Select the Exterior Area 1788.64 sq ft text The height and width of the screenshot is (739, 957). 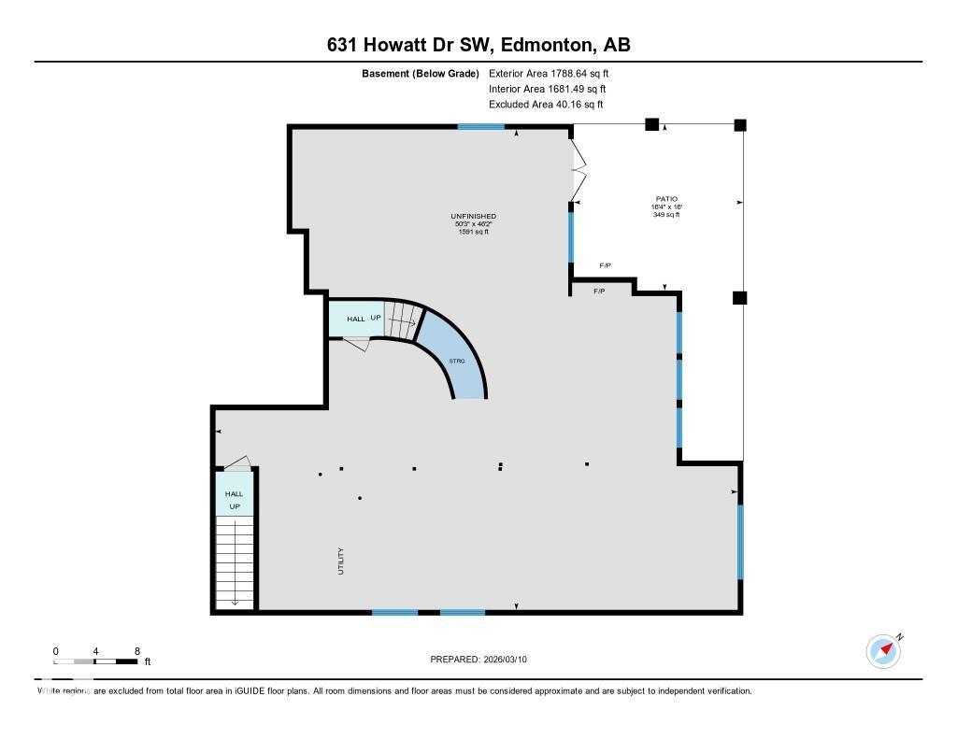pyautogui.click(x=549, y=73)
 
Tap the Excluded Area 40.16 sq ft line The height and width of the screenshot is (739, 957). pyautogui.click(x=546, y=105)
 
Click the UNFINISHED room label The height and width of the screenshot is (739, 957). pyautogui.click(x=473, y=217)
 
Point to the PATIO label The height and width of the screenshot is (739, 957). pyautogui.click(x=666, y=199)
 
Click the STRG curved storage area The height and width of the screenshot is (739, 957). pyautogui.click(x=457, y=360)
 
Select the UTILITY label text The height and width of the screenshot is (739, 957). pyautogui.click(x=341, y=561)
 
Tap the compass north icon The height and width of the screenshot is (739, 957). pyautogui.click(x=883, y=650)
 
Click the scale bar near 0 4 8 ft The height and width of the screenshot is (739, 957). pyautogui.click(x=96, y=661)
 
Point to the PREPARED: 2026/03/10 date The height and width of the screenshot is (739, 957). pyautogui.click(x=484, y=660)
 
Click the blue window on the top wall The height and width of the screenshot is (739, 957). pyautogui.click(x=480, y=126)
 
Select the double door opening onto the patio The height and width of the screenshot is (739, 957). pyautogui.click(x=578, y=174)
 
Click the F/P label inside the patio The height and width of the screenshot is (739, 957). pyautogui.click(x=605, y=266)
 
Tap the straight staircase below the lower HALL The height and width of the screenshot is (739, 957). pyautogui.click(x=234, y=561)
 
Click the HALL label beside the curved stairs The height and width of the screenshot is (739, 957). pyautogui.click(x=356, y=320)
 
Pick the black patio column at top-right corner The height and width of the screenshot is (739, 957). pyautogui.click(x=740, y=124)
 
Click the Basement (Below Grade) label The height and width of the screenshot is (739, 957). pyautogui.click(x=421, y=73)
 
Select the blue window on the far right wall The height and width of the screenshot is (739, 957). pyautogui.click(x=740, y=542)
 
